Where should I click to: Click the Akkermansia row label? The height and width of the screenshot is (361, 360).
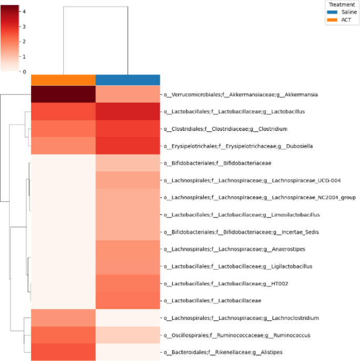point(244,95)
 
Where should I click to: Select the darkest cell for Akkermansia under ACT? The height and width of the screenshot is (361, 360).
point(63,95)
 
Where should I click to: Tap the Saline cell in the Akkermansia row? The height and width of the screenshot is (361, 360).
point(128,95)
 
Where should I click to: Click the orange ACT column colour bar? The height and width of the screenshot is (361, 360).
point(63,79)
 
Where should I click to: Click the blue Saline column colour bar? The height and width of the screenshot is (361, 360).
point(128,79)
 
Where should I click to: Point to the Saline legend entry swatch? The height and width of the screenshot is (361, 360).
point(332,12)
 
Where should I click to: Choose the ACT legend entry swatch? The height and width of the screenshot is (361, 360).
point(332,19)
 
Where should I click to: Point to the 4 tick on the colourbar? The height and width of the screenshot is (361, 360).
point(22,11)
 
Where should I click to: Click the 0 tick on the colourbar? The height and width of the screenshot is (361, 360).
point(22,71)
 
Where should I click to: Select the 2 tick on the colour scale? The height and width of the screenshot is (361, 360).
point(22,41)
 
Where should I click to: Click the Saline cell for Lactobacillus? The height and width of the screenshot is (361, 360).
point(128,111)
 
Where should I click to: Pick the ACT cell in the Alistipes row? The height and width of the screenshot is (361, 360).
point(63,352)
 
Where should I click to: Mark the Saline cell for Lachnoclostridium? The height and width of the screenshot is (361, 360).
point(128,318)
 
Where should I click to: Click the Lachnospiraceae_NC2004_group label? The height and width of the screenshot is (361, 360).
point(260,198)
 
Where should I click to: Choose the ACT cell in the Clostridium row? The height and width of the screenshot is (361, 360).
point(63,129)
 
